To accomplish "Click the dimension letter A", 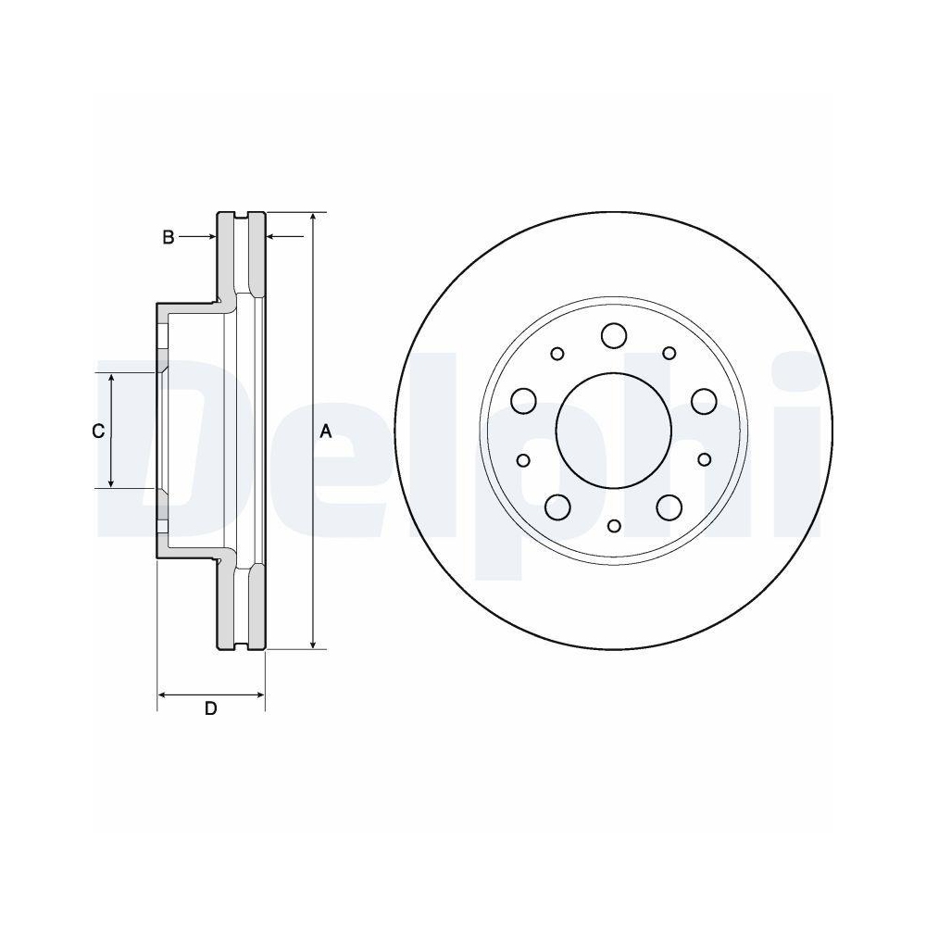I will [x=326, y=431].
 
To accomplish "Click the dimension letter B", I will [x=168, y=238].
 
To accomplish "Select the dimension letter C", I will [x=96, y=431].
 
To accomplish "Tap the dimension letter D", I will [x=210, y=709].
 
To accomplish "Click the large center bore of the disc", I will [x=613, y=431].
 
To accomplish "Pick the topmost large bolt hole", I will [x=613, y=334].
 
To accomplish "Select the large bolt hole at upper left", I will [x=524, y=401].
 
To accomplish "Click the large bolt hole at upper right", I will [x=704, y=401].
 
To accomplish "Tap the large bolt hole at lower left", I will [x=557, y=507].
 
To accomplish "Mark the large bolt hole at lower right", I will [x=669, y=507].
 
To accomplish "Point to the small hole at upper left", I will [x=557, y=353].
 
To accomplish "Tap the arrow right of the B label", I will [x=209, y=238].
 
